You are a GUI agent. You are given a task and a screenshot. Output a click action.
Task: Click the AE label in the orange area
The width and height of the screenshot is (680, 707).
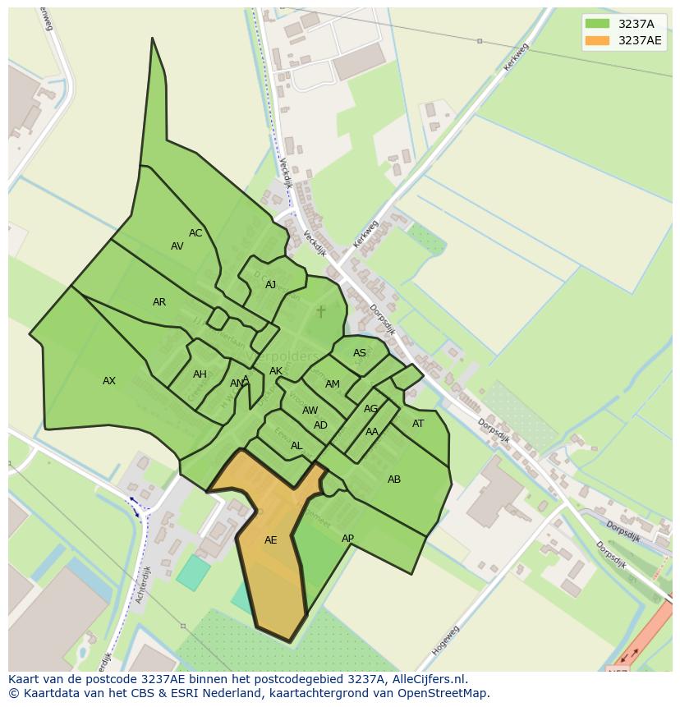270,540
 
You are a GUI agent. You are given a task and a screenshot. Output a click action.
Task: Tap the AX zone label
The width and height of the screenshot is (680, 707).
109,381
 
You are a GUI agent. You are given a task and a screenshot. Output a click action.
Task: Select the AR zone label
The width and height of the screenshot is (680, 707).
159,302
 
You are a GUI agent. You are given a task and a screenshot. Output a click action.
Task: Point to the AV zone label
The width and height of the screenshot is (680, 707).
177,246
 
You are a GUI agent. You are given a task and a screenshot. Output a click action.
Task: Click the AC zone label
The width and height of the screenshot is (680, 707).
195,233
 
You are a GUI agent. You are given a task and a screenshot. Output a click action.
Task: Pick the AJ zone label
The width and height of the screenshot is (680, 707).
271,285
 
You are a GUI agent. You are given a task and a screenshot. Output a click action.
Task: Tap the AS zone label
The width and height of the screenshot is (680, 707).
360,353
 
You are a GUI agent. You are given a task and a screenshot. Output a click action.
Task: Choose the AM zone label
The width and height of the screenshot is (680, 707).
333,384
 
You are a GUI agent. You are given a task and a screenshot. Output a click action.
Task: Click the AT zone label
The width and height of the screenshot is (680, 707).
418,424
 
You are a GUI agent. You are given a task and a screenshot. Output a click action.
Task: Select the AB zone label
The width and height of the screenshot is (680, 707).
394,480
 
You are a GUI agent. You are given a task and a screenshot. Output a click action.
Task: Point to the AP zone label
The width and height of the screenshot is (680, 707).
347,539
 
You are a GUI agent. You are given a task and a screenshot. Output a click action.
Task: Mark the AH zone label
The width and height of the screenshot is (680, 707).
200,374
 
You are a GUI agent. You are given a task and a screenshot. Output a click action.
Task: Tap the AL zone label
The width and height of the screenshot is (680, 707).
296,446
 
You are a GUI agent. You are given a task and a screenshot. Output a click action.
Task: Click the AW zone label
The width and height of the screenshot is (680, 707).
310,411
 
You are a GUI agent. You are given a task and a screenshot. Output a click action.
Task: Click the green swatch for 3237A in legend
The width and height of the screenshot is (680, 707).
597,24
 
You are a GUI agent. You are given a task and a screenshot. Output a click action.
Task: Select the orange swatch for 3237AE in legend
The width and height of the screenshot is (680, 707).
597,40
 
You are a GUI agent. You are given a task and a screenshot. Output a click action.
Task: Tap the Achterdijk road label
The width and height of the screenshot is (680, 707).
143,585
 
